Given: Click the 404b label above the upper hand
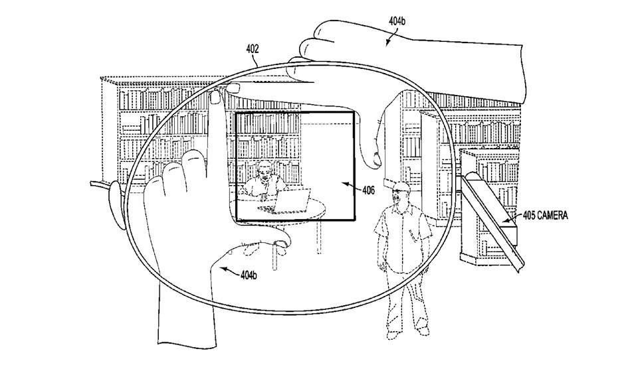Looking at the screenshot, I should click(x=397, y=21).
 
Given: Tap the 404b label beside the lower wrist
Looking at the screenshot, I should click(x=249, y=275).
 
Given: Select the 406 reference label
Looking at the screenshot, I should click(x=368, y=190).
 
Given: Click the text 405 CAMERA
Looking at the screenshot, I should click(x=544, y=215).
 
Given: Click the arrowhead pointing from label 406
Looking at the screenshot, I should click(x=341, y=185).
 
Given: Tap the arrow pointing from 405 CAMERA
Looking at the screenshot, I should click(x=510, y=217).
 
